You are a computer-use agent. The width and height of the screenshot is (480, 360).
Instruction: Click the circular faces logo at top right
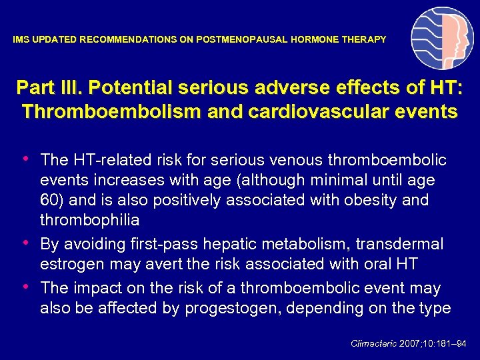coord(442,39)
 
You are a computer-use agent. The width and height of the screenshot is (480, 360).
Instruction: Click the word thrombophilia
coord(89,220)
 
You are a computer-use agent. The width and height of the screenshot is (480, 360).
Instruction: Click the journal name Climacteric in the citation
coord(374,344)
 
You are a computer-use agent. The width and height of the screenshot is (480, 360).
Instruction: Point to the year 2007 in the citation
coord(410,344)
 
